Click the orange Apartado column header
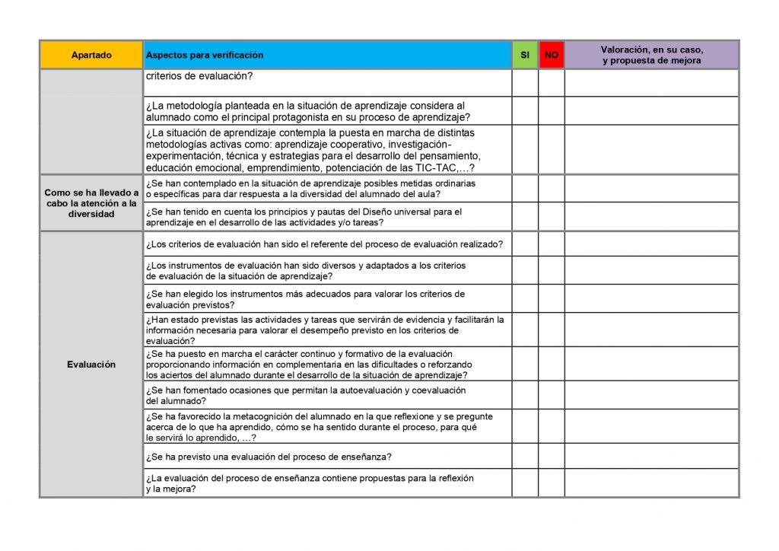coord(91,55)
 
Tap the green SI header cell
coord(525,55)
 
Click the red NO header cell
coord(552,55)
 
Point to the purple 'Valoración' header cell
coord(651,55)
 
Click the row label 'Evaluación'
coord(91,365)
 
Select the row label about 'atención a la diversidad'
coord(91,203)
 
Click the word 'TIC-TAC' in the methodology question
coord(435,168)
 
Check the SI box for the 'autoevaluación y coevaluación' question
coord(525,395)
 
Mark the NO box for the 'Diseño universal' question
coord(552,217)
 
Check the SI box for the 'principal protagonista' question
coord(525,111)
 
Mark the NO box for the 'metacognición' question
coord(552,427)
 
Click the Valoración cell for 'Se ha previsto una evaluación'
coord(651,457)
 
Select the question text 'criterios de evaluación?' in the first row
coord(199,76)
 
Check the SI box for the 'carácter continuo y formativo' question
coord(525,365)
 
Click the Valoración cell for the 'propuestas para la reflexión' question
coord(651,483)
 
